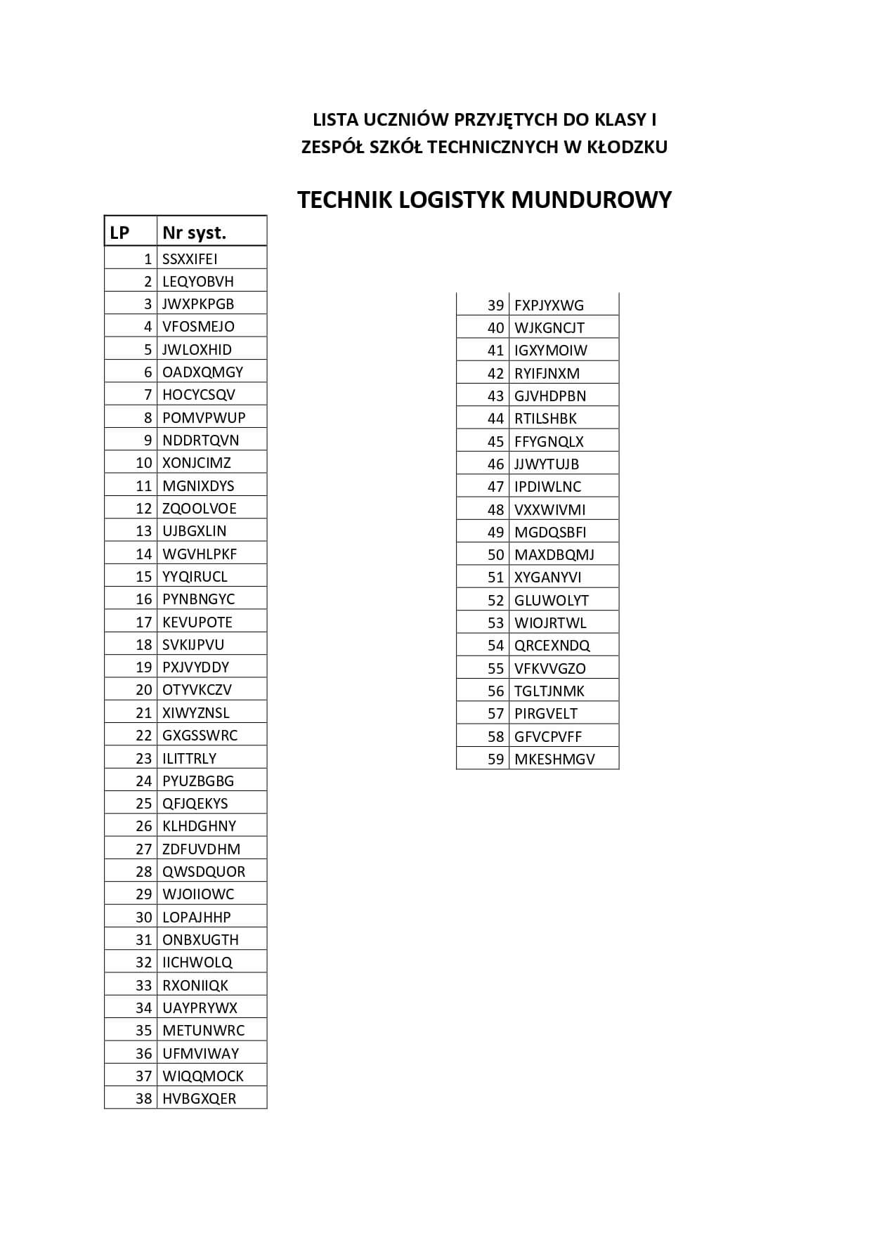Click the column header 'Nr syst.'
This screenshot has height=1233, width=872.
click(194, 233)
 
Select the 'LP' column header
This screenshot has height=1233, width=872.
click(120, 233)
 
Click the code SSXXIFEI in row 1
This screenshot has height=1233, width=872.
click(190, 259)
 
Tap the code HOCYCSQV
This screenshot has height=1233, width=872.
click(198, 395)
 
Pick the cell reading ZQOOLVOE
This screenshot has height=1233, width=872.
click(200, 508)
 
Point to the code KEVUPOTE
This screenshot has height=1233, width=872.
click(197, 622)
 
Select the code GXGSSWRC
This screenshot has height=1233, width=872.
click(200, 735)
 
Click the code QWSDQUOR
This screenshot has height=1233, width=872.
click(204, 871)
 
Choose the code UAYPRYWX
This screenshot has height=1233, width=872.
click(200, 1007)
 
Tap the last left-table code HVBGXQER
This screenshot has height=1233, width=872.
click(199, 1098)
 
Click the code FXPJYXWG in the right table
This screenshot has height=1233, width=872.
click(549, 305)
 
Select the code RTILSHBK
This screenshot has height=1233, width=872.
click(545, 419)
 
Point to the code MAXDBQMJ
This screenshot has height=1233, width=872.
click(554, 554)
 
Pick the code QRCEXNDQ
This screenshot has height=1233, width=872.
click(552, 645)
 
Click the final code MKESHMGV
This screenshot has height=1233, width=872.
click(554, 759)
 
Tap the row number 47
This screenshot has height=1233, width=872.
click(495, 486)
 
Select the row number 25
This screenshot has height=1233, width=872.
click(143, 803)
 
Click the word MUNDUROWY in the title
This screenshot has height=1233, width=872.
click(591, 200)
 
